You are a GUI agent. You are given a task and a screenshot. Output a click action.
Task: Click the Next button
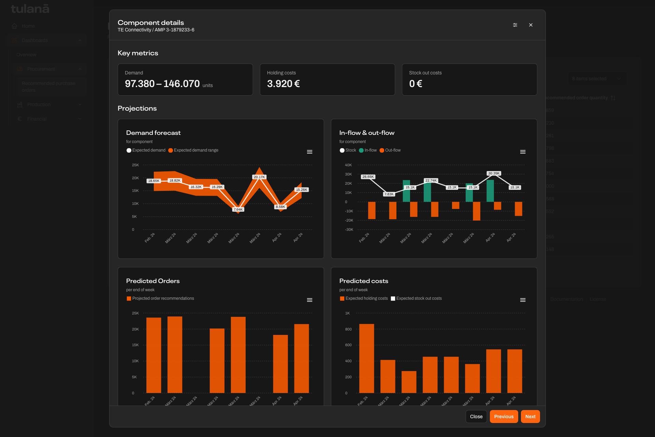pos(530,417)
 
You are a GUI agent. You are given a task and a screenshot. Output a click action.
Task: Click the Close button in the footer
pos(476,417)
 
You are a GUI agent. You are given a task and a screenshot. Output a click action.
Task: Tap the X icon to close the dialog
pos(530,25)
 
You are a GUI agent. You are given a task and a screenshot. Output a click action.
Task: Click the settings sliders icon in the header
pos(515,25)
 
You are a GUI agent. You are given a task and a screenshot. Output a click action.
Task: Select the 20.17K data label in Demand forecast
pos(259,177)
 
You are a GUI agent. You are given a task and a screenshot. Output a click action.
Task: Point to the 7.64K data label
pos(238,209)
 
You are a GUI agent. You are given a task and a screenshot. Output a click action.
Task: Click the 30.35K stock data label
pos(494,173)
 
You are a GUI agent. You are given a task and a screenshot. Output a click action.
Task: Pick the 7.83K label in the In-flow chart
pos(389,194)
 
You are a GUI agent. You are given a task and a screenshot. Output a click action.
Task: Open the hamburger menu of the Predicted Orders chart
pos(309,300)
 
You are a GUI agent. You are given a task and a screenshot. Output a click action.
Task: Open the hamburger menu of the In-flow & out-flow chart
pos(523,152)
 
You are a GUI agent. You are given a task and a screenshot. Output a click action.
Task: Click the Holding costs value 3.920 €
pos(283,84)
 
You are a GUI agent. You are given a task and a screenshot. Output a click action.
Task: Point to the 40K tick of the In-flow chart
pos(348,165)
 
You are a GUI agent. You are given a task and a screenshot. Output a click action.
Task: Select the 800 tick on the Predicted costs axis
pos(348,329)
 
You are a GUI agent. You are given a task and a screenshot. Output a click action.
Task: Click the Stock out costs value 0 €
pos(416,84)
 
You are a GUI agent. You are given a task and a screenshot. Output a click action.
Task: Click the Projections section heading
pos(137,108)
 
